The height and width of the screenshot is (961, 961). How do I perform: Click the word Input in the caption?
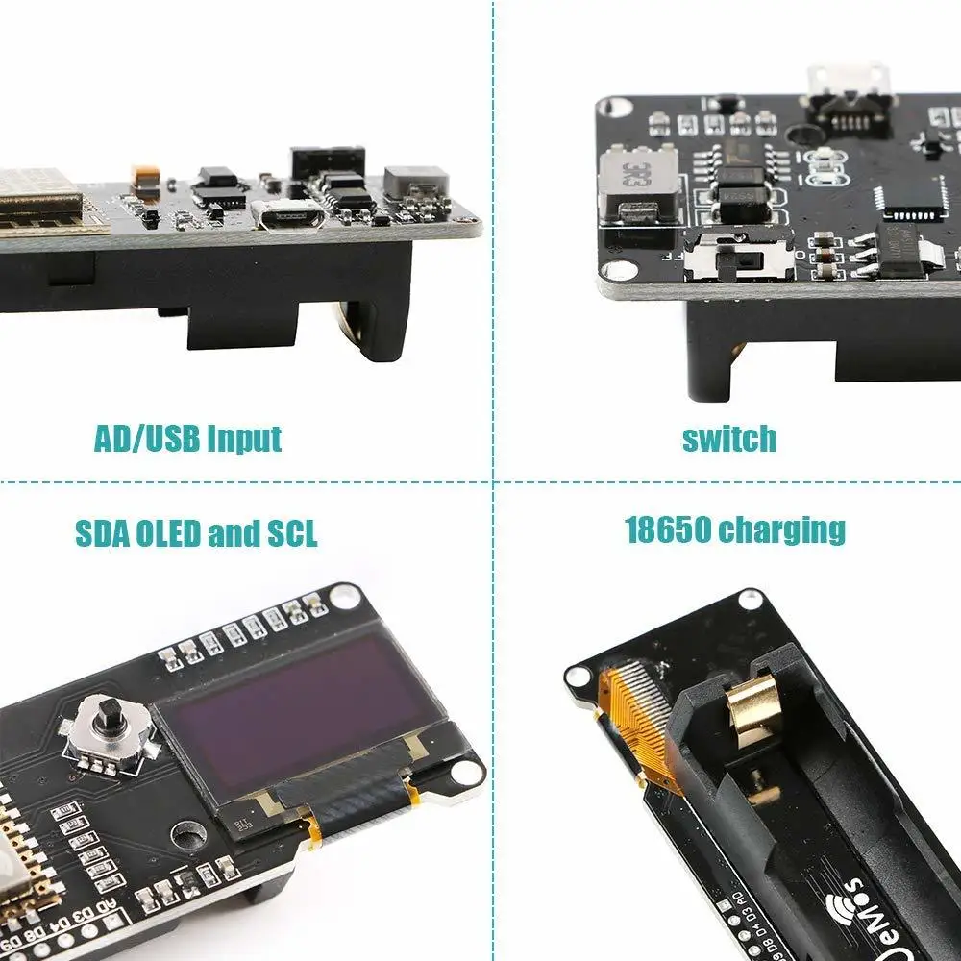coord(241,438)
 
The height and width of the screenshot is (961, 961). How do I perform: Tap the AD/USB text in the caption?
coord(146,438)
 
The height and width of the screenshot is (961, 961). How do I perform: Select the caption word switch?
coord(728,439)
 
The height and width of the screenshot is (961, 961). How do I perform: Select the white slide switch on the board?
coord(740,257)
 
